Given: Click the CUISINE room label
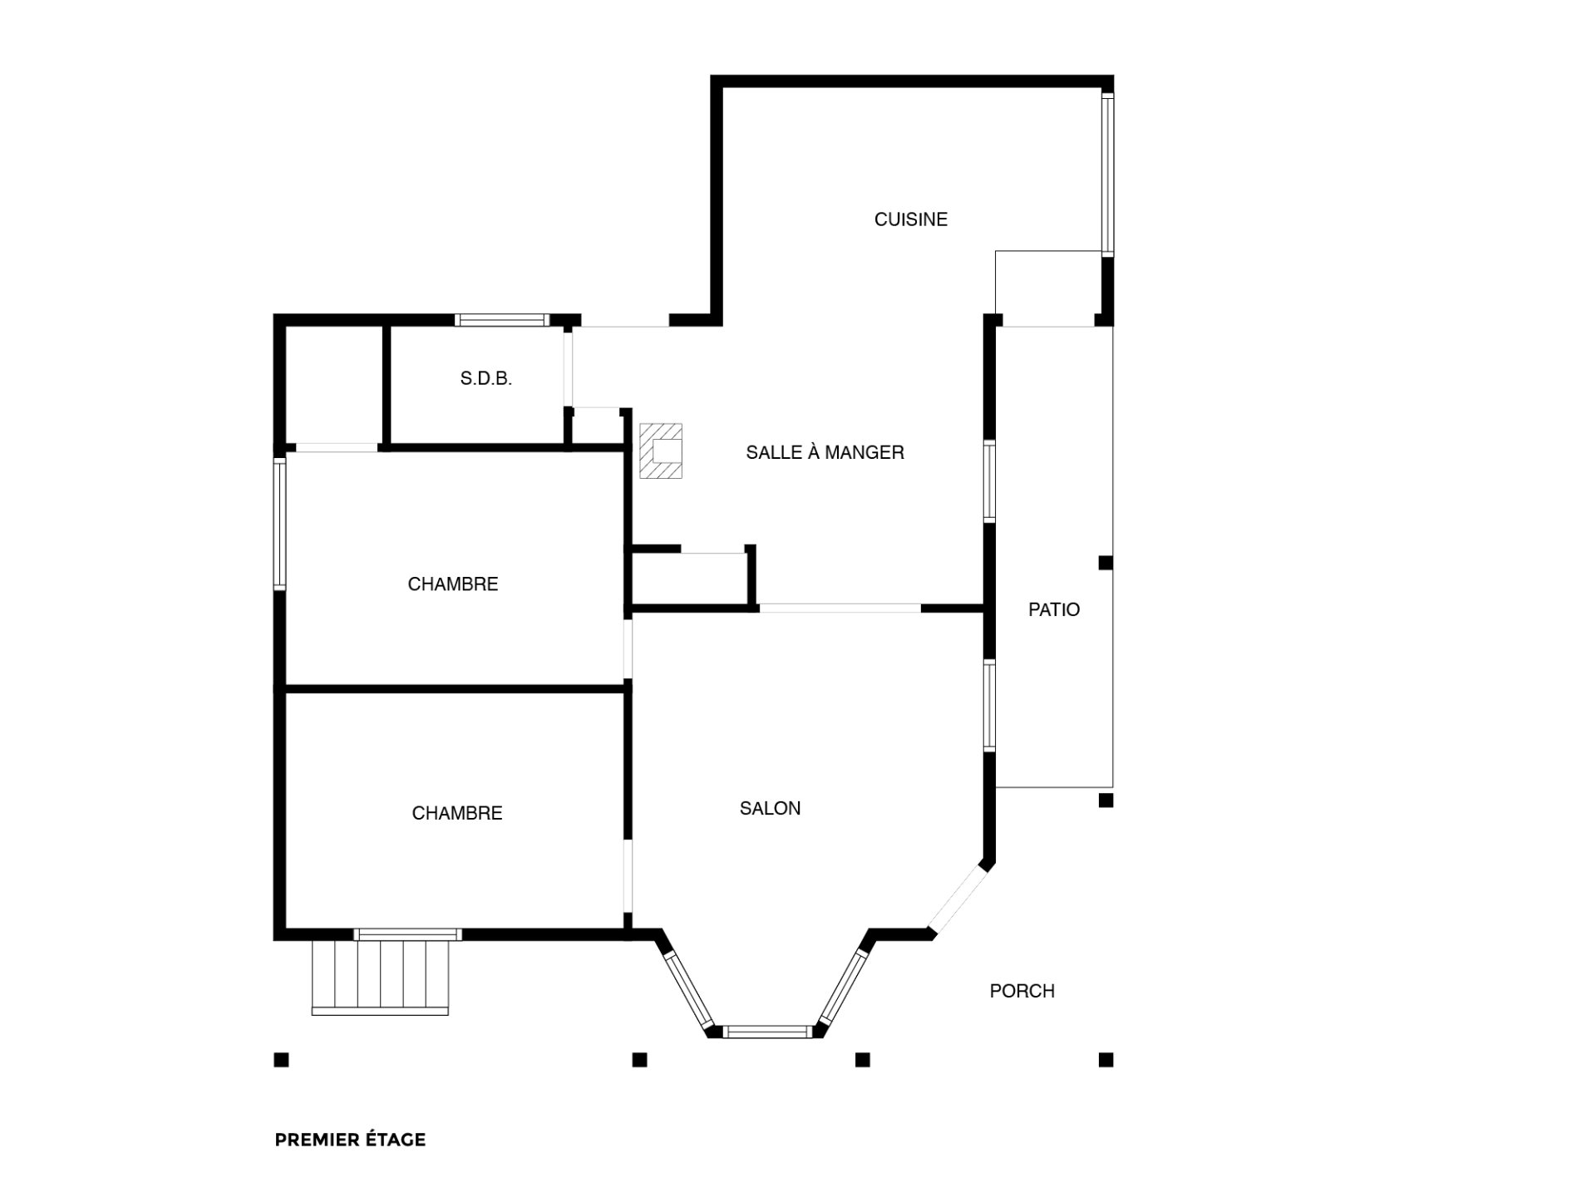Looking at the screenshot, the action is [910, 219].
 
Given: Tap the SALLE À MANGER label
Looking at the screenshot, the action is [825, 452].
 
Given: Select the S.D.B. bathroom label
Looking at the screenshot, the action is [486, 379].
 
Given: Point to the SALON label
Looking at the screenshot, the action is [770, 808].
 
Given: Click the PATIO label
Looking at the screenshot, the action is [1054, 609].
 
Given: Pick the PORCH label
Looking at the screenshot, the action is [1022, 991].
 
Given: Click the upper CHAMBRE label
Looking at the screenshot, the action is [453, 584].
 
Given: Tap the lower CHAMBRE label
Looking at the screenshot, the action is [457, 813].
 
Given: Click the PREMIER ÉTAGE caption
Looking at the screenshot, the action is [350, 1140].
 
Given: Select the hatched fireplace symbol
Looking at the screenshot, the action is [661, 451].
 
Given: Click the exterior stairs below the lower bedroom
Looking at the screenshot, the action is [381, 977].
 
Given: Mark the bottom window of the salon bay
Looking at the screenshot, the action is [766, 1032].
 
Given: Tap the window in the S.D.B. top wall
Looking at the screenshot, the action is [502, 319].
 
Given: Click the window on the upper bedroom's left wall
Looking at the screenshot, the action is [280, 524].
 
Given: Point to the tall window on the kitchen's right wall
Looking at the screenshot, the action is [1107, 173].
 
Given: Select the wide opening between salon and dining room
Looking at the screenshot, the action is [840, 608].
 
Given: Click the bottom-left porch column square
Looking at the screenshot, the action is [282, 1060].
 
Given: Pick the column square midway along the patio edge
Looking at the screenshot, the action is [1106, 563].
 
